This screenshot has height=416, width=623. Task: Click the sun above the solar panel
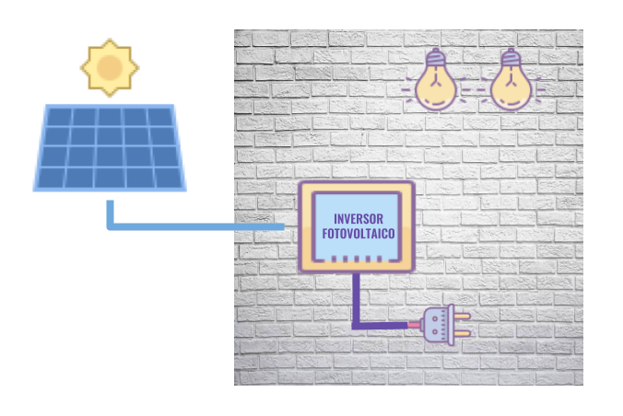point(110,67)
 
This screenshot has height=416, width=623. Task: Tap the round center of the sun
point(110,68)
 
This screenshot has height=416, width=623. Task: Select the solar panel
point(110,147)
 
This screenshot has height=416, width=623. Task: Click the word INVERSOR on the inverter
point(357,219)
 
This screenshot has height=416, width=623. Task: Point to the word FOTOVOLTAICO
point(358,235)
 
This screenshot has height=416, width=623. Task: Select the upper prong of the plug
point(461,317)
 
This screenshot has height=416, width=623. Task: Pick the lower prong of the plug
point(461,332)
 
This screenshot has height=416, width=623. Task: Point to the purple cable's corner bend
point(356,324)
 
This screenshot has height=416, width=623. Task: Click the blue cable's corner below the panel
point(111,225)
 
